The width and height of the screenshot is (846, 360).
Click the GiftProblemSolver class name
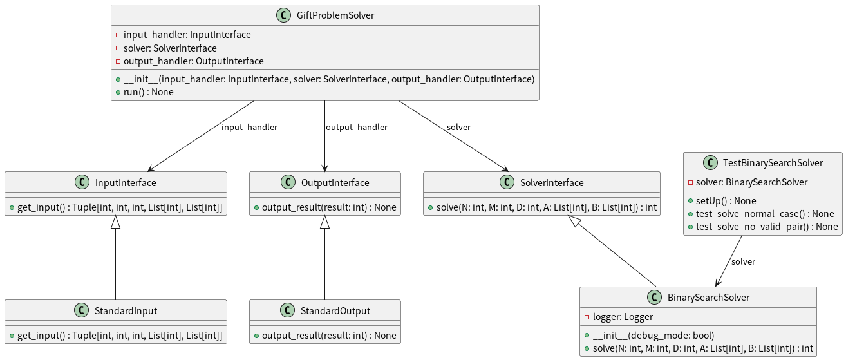pyautogui.click(x=335, y=15)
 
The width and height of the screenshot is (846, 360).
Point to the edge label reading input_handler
pyautogui.click(x=249, y=128)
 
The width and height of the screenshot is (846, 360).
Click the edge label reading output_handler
pyautogui.click(x=356, y=128)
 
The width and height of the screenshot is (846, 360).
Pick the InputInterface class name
pyautogui.click(x=125, y=183)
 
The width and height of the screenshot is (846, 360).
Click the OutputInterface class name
pyautogui.click(x=335, y=183)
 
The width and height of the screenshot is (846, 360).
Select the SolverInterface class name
pyautogui.click(x=551, y=183)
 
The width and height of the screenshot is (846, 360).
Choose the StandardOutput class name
pyautogui.click(x=335, y=311)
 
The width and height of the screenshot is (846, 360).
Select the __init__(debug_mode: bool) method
pyautogui.click(x=653, y=336)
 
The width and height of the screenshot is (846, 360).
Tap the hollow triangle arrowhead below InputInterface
pyautogui.click(x=115, y=222)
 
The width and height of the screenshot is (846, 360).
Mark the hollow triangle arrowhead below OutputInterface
pyautogui.click(x=324, y=222)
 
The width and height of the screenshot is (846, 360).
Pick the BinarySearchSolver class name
pyautogui.click(x=708, y=298)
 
